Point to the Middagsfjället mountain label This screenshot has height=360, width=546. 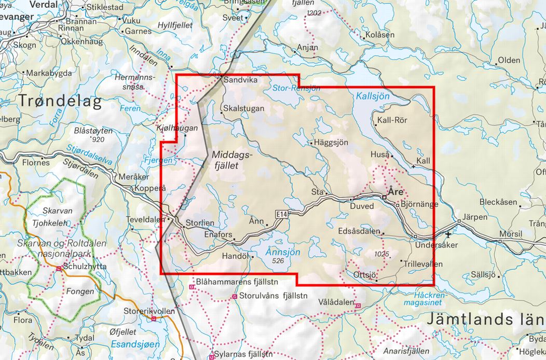[x=232, y=160]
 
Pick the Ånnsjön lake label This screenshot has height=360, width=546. [x=282, y=252]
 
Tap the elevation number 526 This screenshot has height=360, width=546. [x=279, y=262]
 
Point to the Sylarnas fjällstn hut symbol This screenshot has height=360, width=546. [x=211, y=356]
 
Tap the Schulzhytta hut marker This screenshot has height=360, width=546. [x=60, y=269]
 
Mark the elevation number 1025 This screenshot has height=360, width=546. [x=380, y=254]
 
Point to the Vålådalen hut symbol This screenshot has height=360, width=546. [x=358, y=306]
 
